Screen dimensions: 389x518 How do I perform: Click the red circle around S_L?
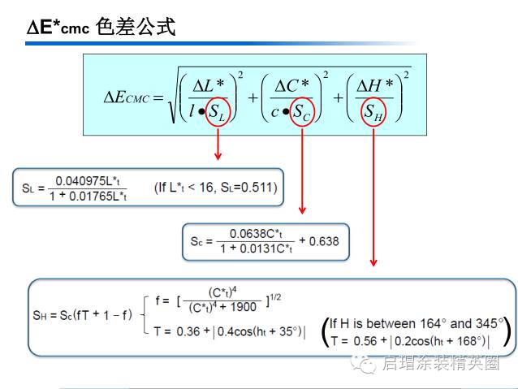pos(218,113)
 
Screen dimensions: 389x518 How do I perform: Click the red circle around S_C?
pos(301,113)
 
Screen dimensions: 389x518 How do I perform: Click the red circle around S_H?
pos(373,113)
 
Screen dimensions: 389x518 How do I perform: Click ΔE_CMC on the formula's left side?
pos(127,98)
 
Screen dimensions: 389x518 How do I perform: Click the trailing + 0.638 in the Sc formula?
pos(320,241)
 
